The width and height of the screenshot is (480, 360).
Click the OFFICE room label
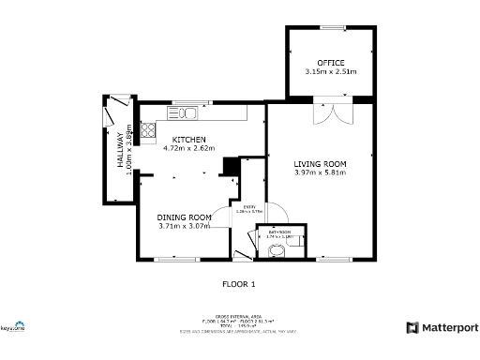pos(330,63)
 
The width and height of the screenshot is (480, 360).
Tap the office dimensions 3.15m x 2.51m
pos(330,71)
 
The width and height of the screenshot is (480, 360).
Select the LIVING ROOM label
pos(320,163)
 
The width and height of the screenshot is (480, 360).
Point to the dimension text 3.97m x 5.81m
pos(320,172)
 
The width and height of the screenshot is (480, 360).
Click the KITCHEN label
pos(188,140)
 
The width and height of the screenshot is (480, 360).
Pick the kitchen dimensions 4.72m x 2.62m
pos(188,148)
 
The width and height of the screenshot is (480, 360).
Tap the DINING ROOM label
pos(183,217)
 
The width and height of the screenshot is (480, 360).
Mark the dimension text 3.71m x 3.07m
pos(183,226)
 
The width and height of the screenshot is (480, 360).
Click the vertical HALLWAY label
pos(120,150)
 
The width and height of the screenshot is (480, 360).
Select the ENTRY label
pos(249,206)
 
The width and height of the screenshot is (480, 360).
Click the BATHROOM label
pos(279,232)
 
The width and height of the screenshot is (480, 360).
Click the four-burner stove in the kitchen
pos(147,130)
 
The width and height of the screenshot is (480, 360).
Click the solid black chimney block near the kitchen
pos(227,166)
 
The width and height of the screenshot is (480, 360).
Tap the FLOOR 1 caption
pos(238,283)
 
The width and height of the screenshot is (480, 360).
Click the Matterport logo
pos(442,327)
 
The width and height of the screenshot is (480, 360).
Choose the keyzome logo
pos(13,325)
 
